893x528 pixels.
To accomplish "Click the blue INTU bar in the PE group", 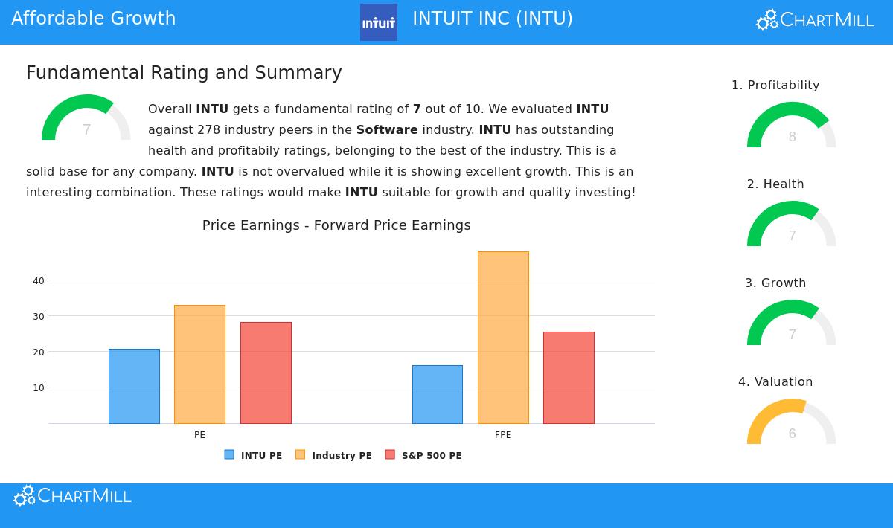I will coord(134,386).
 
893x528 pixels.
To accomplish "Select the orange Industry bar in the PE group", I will coord(199,364).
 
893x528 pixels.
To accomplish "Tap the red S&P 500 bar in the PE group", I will coord(266,373).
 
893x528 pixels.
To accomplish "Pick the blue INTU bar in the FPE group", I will coord(437,394).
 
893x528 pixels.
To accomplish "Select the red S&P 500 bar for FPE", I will coord(569,377).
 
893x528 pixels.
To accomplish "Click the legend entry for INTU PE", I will coord(254,455).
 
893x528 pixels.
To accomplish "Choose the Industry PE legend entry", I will coord(334,455).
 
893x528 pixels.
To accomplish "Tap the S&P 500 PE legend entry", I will coord(423,455).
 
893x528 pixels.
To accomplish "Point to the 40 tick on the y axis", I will coord(39,281).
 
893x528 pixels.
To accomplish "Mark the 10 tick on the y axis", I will coord(39,388).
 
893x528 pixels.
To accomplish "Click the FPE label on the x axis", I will coord(503,435).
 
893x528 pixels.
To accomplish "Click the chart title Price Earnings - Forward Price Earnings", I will coord(336,225).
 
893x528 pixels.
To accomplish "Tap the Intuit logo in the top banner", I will coord(379,22).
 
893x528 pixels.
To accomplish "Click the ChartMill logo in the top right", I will coord(815,20).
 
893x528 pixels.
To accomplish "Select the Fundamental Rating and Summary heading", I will coord(184,73).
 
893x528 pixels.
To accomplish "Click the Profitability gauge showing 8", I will coord(792,126).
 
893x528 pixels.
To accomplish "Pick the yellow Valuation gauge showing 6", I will coord(792,423).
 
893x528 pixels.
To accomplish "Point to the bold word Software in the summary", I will coord(387,130).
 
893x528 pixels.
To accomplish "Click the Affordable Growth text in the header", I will coord(94,19).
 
